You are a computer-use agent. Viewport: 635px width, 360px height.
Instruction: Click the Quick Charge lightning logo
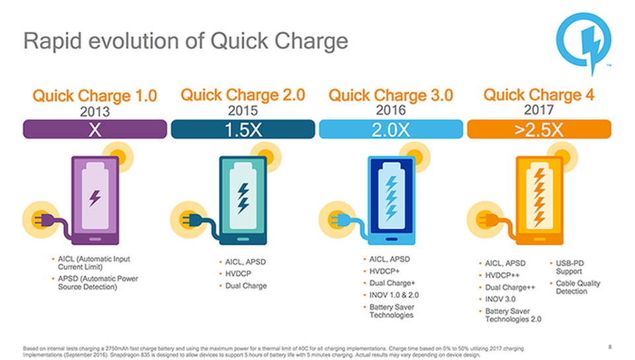[x=583, y=42]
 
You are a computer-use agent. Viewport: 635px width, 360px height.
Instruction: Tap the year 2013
[x=95, y=111]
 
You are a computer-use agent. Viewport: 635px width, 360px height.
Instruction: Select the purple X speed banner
[x=95, y=129]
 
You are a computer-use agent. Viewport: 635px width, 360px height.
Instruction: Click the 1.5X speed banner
[x=243, y=129]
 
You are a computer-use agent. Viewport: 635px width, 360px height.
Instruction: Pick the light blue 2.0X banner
[x=391, y=129]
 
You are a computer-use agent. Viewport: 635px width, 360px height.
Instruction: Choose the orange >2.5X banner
[x=539, y=129]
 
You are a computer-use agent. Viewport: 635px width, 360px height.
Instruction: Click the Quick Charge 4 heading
[x=539, y=95]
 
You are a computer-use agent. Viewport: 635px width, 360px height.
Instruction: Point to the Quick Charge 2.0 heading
[x=243, y=95]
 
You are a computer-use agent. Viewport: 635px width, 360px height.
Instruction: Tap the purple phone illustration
[x=95, y=201]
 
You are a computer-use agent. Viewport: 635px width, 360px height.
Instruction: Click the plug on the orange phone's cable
[x=486, y=220]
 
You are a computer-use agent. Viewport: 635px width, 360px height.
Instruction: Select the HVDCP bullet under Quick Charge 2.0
[x=238, y=274]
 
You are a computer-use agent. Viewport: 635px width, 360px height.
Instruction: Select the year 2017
[x=539, y=110]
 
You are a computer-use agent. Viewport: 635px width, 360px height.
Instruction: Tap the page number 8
[x=610, y=347]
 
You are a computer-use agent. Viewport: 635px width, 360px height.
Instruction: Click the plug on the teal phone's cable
[x=190, y=220]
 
